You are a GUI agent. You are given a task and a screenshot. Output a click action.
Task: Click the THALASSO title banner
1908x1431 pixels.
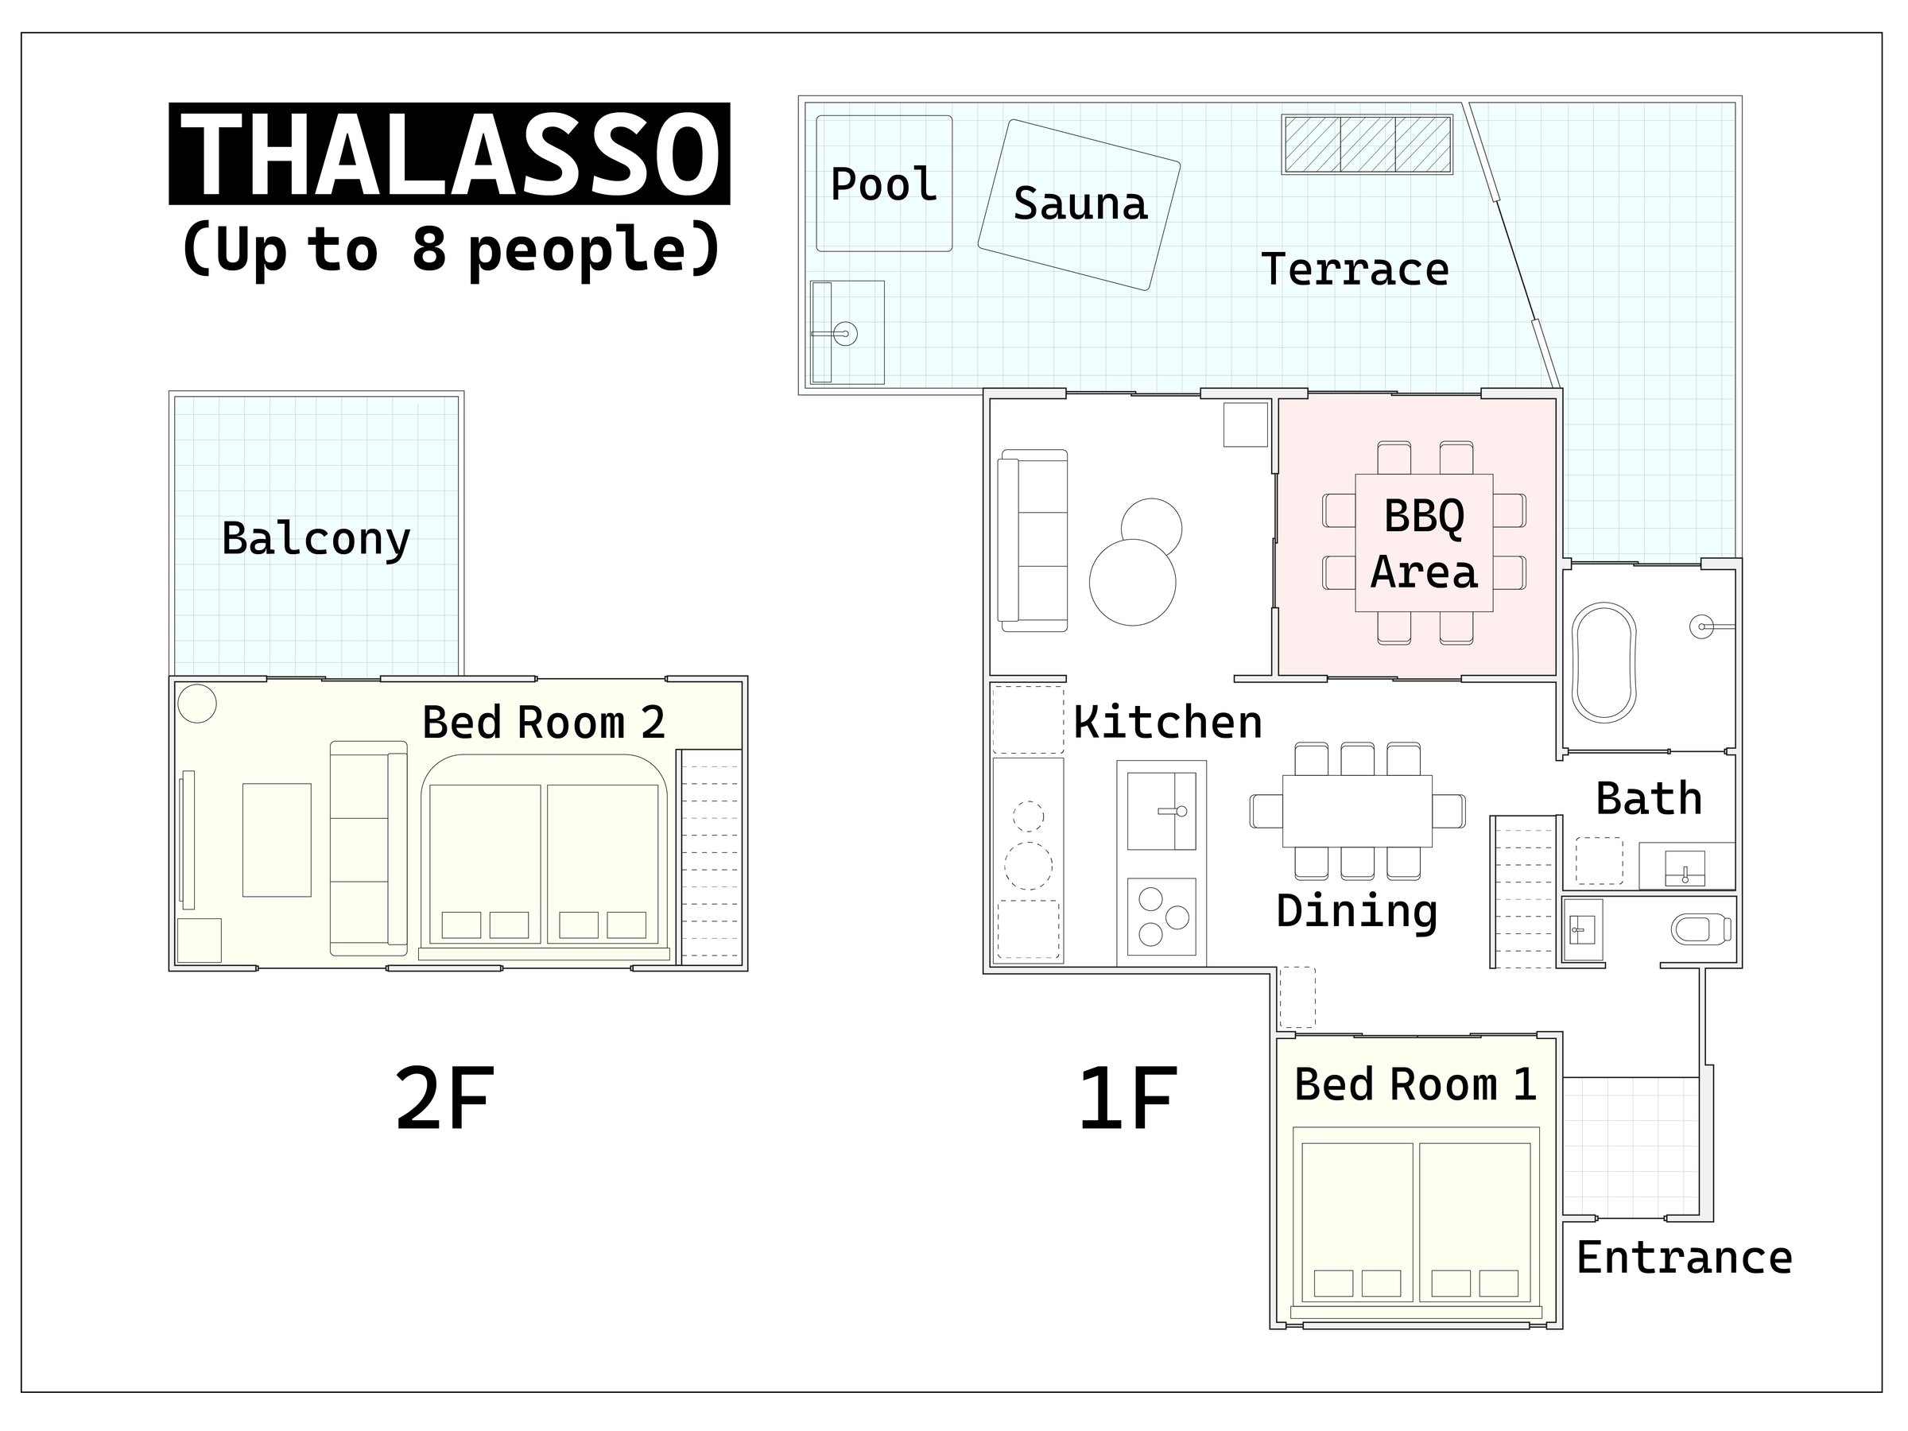(x=448, y=153)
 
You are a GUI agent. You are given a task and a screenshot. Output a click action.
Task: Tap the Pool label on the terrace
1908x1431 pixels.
(x=883, y=184)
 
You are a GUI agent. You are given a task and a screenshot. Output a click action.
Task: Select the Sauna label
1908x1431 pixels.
(x=1080, y=204)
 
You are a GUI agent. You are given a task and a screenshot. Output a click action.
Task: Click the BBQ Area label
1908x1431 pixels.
(x=1424, y=545)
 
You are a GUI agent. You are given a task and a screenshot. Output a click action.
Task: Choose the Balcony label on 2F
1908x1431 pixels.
(x=316, y=539)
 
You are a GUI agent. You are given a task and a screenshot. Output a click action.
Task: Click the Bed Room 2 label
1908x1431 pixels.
(x=544, y=722)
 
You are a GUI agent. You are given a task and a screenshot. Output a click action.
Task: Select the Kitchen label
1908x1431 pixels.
(x=1168, y=722)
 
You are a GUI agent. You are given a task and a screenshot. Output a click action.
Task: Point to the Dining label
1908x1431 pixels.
(x=1357, y=912)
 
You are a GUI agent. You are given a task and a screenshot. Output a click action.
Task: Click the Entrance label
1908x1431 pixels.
(x=1685, y=1258)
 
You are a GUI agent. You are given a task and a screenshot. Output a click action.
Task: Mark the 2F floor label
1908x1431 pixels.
(x=445, y=1099)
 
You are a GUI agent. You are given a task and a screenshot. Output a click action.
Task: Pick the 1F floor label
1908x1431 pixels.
(x=1128, y=1099)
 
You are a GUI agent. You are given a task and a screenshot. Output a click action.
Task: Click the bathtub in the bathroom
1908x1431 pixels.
(x=1604, y=662)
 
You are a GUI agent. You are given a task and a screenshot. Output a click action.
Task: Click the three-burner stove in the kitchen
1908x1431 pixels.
(x=1161, y=917)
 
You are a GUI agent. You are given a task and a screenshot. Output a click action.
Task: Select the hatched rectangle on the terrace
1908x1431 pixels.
(x=1367, y=144)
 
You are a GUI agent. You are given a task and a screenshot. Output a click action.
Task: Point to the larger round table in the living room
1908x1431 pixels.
(x=1133, y=582)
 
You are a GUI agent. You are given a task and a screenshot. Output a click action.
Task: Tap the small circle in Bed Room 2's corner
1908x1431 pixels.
(x=196, y=704)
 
